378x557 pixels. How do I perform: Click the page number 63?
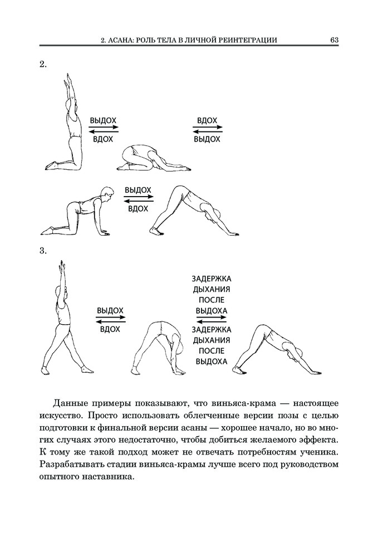tap(334, 40)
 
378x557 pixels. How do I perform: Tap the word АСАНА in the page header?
tap(120, 40)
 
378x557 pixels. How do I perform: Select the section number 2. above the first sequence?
tap(43, 65)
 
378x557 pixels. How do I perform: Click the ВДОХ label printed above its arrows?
tap(207, 120)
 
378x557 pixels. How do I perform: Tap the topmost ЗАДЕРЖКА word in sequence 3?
tap(211, 279)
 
